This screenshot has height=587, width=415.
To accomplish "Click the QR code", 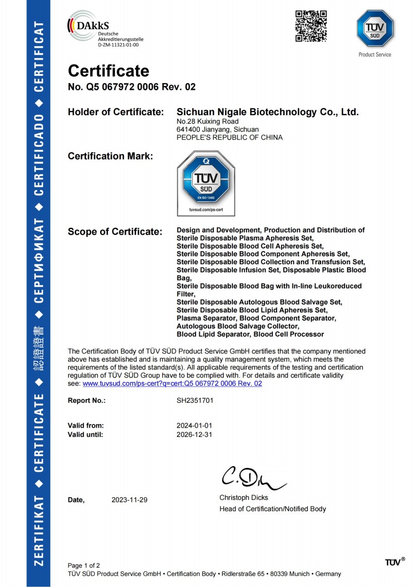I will click(x=311, y=26).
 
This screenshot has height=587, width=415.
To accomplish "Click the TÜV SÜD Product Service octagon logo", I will click(x=375, y=29).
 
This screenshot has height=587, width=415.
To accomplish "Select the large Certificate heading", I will click(x=108, y=71).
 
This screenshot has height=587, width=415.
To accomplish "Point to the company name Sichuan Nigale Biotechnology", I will click(x=268, y=112).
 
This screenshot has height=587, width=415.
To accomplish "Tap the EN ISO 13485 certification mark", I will click(x=206, y=183).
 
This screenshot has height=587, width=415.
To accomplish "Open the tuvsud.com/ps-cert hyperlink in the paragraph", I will click(x=172, y=384).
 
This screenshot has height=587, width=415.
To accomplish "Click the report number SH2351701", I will click(x=195, y=401).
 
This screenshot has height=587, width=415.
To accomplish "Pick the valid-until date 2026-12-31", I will click(x=195, y=435).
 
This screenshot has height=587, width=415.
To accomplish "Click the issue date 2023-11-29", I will click(x=130, y=500).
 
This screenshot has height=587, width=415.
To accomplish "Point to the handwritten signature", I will click(x=253, y=477).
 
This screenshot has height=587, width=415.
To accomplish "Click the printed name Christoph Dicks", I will click(x=244, y=498).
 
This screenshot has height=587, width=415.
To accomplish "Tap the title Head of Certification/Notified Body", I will click(x=272, y=509).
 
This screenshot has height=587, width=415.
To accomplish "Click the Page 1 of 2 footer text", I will click(x=84, y=565).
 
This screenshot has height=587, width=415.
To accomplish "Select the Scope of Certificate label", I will click(x=115, y=232).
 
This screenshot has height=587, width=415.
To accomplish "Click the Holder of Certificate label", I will click(x=116, y=112).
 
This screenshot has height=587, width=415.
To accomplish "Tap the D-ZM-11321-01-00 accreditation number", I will click(x=118, y=45).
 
